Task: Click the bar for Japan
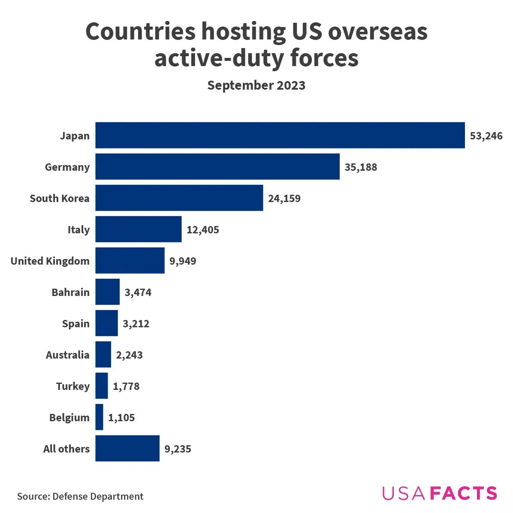point(280,135)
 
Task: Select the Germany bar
point(217,166)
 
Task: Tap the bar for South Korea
point(179,198)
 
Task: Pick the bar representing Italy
point(138,229)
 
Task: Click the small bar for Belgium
point(99,417)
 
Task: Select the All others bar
point(127,448)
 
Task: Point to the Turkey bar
point(101,386)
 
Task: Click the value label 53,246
point(486,136)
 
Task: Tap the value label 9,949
point(183,261)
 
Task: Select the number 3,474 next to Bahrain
point(138,293)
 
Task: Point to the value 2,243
point(129,355)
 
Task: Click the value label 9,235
point(178,449)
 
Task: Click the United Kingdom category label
point(50,261)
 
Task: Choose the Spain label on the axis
point(75,324)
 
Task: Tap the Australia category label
point(67,355)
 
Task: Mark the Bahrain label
point(70,293)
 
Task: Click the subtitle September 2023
point(256,85)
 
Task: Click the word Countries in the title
point(140,32)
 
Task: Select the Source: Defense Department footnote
point(80,496)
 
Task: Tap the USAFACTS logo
point(439,493)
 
